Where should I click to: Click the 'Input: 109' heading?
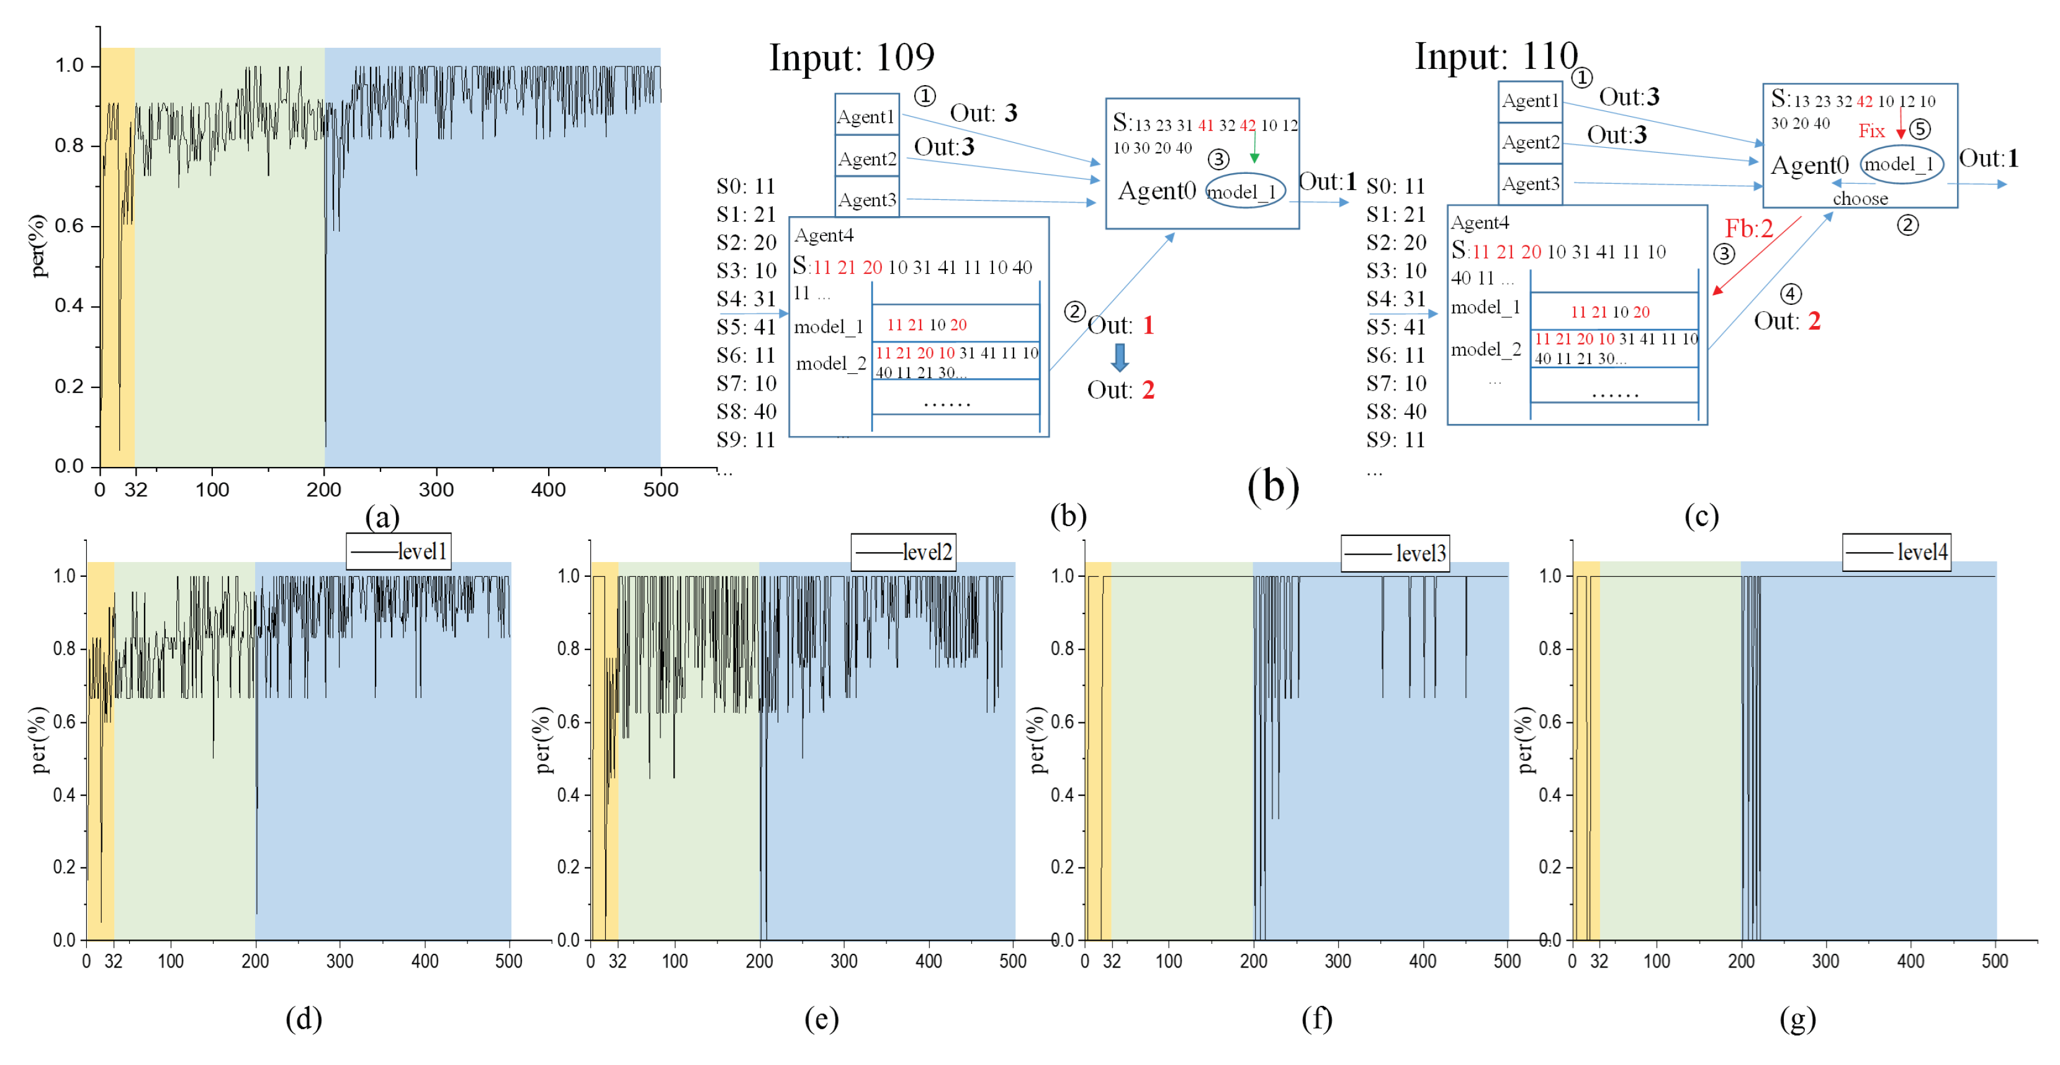[851, 58]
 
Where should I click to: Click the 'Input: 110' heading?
[1495, 56]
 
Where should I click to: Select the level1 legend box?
[398, 551]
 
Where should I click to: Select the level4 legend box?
[1896, 552]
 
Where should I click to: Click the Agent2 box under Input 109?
[867, 158]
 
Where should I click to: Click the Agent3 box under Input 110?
[1530, 184]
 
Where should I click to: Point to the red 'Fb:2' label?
[1748, 229]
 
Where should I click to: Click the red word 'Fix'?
[1871, 131]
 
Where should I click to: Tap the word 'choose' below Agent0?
[1860, 199]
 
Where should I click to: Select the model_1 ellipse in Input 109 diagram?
[1244, 191]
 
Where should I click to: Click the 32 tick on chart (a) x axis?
[136, 490]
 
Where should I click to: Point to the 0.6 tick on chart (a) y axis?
[70, 225]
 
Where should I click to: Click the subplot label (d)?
[304, 1018]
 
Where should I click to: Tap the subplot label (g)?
[1797, 1018]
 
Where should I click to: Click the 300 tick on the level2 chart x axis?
[843, 961]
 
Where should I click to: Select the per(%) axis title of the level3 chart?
[1037, 740]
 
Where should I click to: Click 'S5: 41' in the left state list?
[745, 327]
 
